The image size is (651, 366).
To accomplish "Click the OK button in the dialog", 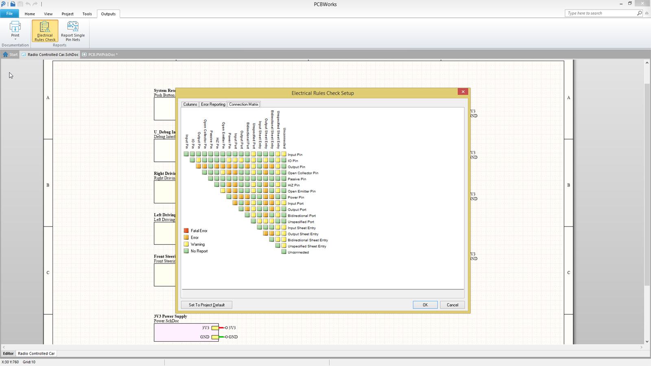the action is point(425,305).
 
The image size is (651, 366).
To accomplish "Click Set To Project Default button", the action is point(206,305).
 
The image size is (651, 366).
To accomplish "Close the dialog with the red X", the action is point(463,92).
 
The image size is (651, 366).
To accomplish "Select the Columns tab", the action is point(190,105).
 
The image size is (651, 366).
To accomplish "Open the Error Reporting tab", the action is point(213,105).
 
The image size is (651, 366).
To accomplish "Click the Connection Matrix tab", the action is point(244,105).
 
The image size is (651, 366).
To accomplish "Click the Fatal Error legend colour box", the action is point(186,231).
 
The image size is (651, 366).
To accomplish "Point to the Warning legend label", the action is point(198,244).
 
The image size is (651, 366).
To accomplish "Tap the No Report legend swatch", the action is point(186,251).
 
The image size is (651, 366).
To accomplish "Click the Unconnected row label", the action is point(298,253).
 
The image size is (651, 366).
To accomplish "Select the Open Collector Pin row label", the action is point(303,173).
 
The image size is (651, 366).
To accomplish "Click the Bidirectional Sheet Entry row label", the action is point(308,240).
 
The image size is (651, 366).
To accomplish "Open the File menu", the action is point(9,13).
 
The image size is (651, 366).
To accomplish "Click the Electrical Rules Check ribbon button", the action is point(45,31).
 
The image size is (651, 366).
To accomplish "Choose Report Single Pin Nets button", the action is point(73,31).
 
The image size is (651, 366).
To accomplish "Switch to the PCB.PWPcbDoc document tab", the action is point(103,54).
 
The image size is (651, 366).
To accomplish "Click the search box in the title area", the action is point(601,13).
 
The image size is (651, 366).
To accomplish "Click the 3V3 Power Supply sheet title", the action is point(170,316).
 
